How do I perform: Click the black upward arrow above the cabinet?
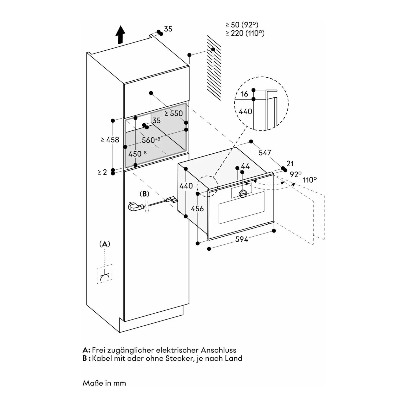point(120,35)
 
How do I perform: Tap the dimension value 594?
point(242,239)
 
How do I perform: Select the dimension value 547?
point(265,153)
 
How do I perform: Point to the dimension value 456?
point(197,209)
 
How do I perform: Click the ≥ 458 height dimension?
point(110,140)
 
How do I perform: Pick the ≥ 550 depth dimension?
point(174,113)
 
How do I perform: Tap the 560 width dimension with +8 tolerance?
point(151,140)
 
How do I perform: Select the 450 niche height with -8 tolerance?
point(137,154)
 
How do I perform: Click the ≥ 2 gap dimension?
point(102,172)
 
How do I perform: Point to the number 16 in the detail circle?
point(244,94)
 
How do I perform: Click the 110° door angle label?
point(310,180)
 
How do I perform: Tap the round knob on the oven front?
point(243,194)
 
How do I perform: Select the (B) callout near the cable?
point(144,194)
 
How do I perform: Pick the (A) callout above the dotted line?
point(105,244)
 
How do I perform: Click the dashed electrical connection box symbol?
point(104,274)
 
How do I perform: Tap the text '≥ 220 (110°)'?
point(245,33)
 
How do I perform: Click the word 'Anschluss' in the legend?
point(219,350)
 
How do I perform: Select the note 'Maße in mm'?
point(104,383)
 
